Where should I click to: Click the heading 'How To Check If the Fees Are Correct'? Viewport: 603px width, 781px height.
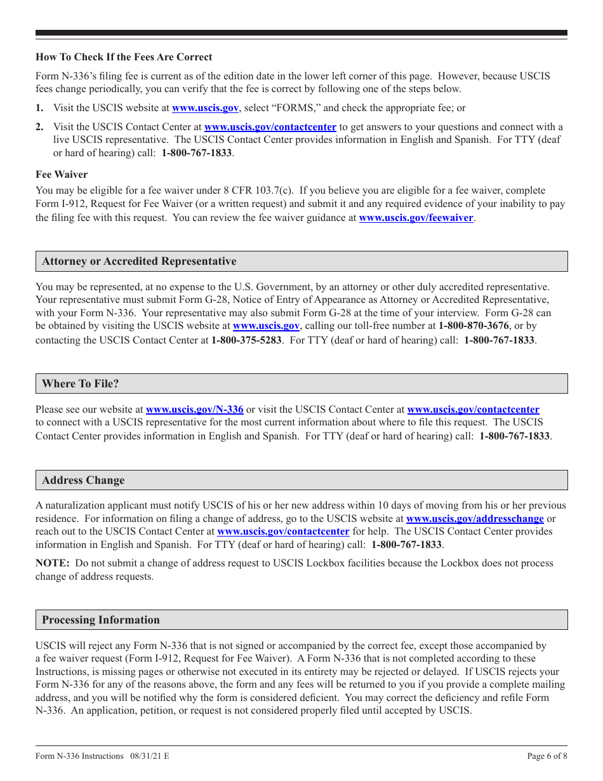point(124,57)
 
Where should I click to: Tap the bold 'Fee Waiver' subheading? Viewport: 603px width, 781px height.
point(62,174)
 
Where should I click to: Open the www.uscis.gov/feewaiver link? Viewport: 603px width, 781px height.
point(416,218)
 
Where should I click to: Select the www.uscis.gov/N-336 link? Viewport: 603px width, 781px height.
point(194,410)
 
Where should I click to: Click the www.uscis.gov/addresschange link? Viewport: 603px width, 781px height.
point(475,519)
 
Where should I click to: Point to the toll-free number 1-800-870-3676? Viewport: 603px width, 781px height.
point(474,326)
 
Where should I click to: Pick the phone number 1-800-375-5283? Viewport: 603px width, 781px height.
point(246,340)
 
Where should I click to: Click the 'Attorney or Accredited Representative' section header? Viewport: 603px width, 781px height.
point(139,262)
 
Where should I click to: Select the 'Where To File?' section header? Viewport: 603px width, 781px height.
point(81,384)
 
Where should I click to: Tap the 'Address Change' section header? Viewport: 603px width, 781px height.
point(83,480)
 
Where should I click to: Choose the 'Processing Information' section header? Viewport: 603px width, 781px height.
point(101,620)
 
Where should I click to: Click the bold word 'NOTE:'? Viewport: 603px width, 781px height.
point(53,563)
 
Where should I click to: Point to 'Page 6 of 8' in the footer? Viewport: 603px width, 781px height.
point(547,756)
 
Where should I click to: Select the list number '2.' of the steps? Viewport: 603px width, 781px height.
point(40,127)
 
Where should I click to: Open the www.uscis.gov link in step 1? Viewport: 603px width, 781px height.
point(205,109)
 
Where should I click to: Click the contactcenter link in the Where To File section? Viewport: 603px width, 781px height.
point(473,410)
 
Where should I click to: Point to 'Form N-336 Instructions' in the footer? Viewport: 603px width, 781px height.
point(79,756)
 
